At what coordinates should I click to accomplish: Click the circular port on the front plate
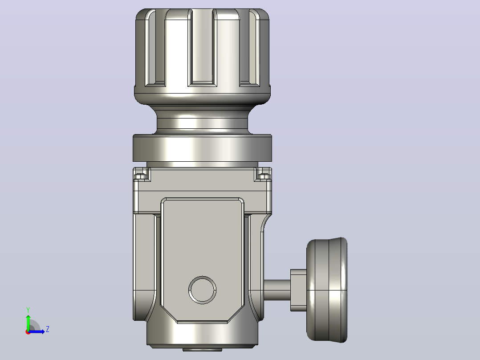[202, 290]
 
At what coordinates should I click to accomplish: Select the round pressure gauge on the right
[327, 290]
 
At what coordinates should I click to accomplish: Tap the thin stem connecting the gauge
[277, 290]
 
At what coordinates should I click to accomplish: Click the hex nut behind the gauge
[298, 290]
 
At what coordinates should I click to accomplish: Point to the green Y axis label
[28, 310]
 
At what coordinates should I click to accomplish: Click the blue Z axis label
[48, 329]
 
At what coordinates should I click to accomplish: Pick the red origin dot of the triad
[28, 332]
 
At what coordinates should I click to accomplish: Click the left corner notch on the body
[142, 174]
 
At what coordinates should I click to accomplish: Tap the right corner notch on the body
[263, 174]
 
